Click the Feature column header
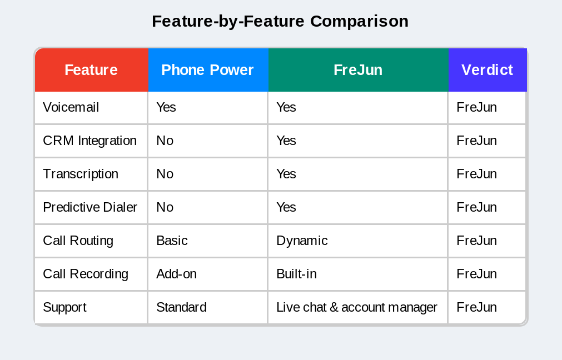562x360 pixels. click(x=91, y=70)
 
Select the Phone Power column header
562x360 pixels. click(x=207, y=70)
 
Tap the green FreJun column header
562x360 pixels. click(x=358, y=70)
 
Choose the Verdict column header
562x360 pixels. click(x=487, y=70)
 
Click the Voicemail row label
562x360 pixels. click(x=71, y=107)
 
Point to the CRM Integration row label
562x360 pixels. click(x=89, y=141)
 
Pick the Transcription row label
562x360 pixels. click(x=81, y=174)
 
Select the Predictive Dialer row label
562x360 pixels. click(x=90, y=207)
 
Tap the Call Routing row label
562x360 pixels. click(x=78, y=241)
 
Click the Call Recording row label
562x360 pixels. click(x=86, y=274)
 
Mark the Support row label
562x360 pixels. click(x=65, y=307)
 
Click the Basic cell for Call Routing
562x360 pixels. click(x=172, y=241)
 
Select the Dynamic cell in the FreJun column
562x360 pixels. click(x=302, y=241)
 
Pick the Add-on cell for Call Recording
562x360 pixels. click(x=176, y=274)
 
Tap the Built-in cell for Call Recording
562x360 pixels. click(x=296, y=274)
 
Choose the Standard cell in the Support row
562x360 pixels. click(x=181, y=307)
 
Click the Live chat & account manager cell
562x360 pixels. click(x=357, y=307)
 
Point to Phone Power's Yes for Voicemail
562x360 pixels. click(x=166, y=107)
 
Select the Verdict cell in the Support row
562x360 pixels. click(x=476, y=307)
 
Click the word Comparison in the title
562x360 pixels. click(x=359, y=21)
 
